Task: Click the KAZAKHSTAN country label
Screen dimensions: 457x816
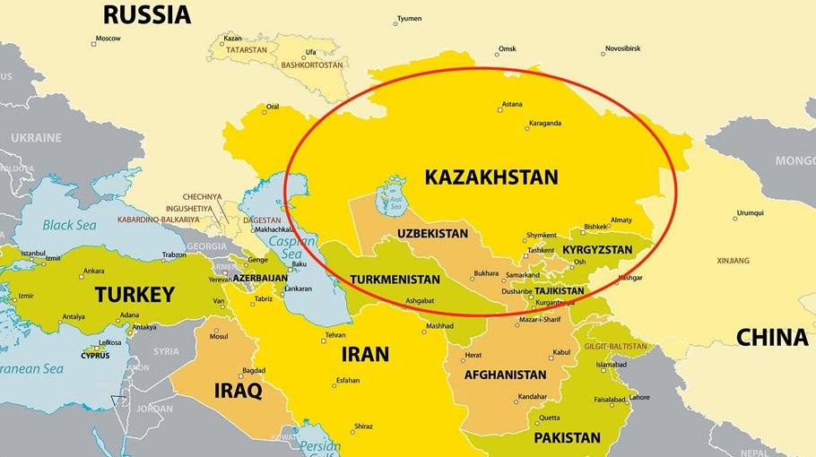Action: point(490,177)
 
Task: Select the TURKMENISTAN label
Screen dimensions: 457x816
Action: point(395,279)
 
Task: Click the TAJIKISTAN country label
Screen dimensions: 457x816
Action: point(559,291)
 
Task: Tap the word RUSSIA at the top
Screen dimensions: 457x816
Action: point(147,15)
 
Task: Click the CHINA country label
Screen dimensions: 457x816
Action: point(772,337)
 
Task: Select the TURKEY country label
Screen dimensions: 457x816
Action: point(135,294)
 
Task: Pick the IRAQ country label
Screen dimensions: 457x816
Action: point(237,391)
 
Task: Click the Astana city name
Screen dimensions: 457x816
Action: point(511,104)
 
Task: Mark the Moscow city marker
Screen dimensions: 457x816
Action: point(94,42)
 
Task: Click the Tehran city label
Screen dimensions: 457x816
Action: point(334,335)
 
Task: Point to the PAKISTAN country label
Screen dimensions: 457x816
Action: point(567,437)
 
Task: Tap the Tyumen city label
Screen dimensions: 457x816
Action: point(409,18)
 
